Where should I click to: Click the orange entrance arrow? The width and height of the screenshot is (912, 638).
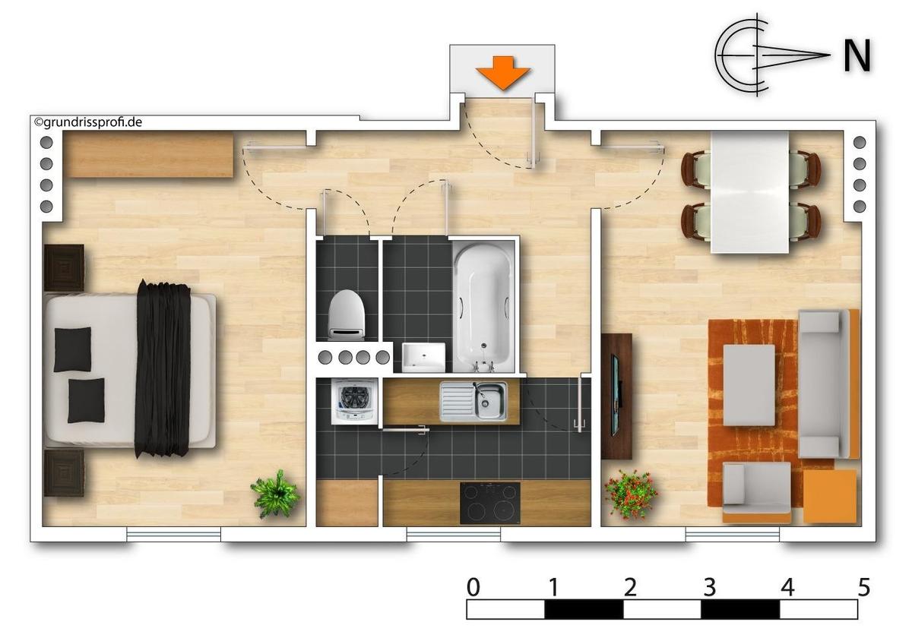pos(503,73)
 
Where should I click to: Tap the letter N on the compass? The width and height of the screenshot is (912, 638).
pos(857,56)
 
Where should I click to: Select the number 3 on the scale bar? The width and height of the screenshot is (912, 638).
pos(709,588)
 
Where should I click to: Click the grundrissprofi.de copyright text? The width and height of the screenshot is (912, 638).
pos(88,122)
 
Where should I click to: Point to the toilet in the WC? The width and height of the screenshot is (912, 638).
pos(347,314)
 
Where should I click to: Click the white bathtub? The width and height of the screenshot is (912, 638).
pos(483,306)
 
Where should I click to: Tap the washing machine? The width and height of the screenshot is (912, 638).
pos(354,402)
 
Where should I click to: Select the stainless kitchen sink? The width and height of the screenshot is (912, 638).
pos(473,401)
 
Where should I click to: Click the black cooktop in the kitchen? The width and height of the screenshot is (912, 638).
pos(489,503)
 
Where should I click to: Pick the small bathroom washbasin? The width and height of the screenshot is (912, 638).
pos(423,357)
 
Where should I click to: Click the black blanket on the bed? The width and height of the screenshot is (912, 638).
pos(163,368)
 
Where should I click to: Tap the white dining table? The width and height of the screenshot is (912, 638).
pos(749,192)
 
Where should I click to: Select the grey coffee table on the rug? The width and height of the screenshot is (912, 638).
pos(749,385)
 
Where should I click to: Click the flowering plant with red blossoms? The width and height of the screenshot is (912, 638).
pos(630,494)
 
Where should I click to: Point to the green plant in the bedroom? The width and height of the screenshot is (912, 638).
pos(276,494)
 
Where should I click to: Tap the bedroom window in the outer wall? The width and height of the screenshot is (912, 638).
pos(174,534)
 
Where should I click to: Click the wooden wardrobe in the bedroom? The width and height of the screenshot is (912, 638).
pos(149,155)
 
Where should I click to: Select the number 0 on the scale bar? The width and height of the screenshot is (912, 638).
pos(473,588)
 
